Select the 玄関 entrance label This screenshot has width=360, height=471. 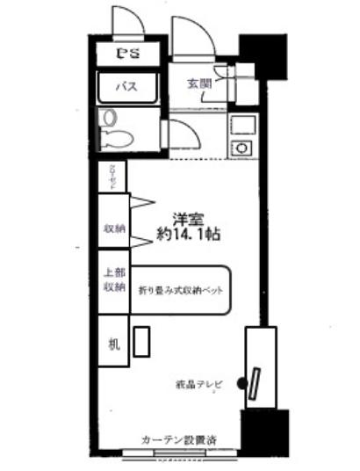[x=198, y=83]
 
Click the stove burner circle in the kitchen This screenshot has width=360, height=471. [x=237, y=146]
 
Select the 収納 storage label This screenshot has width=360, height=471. [x=114, y=228]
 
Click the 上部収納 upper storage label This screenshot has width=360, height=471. [x=114, y=279]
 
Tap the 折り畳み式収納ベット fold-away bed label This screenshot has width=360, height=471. [x=179, y=289]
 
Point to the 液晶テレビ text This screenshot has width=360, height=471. [x=200, y=384]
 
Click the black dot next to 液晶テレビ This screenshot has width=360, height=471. [x=241, y=383]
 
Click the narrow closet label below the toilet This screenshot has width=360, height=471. [x=113, y=175]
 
